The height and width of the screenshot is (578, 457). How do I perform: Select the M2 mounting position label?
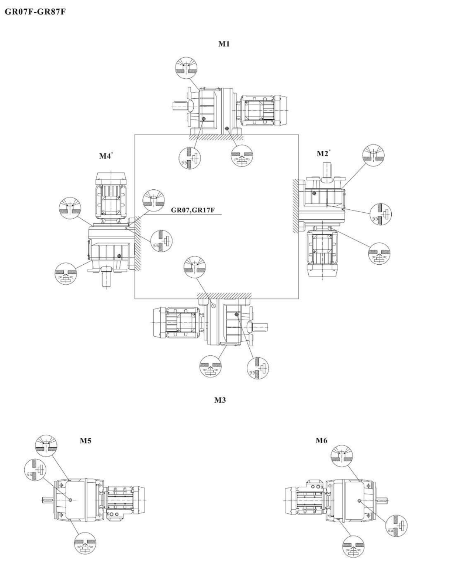[323, 154]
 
